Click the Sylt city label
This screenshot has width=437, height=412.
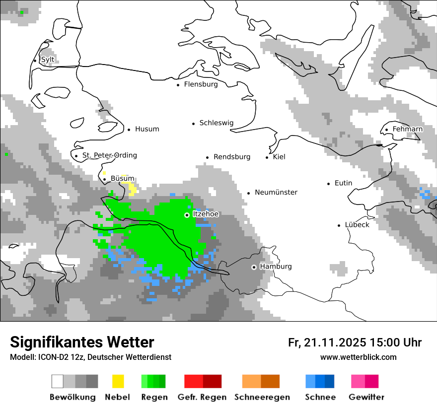point(48,60)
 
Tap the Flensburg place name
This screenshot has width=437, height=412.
point(201,84)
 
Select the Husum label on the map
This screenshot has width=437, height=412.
point(147,129)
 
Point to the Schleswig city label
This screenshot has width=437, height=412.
point(216,123)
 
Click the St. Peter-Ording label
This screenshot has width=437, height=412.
point(110,155)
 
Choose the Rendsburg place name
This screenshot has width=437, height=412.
point(232,157)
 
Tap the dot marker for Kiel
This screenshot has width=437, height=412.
point(267,157)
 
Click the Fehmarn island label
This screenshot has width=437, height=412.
point(407,129)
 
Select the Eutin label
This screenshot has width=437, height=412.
point(343,183)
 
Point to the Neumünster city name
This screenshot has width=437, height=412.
point(276,193)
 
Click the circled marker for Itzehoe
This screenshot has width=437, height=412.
point(187,215)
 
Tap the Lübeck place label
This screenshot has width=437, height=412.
point(357,225)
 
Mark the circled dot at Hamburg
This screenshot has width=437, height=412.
point(254,267)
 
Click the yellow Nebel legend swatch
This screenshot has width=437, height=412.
point(118,381)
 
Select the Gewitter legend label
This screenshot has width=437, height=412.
point(366,397)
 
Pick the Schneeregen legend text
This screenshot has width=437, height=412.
point(262,397)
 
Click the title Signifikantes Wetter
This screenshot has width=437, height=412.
point(82,342)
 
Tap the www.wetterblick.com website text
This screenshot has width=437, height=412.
point(358,357)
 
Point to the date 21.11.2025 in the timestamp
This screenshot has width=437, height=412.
point(335,343)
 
